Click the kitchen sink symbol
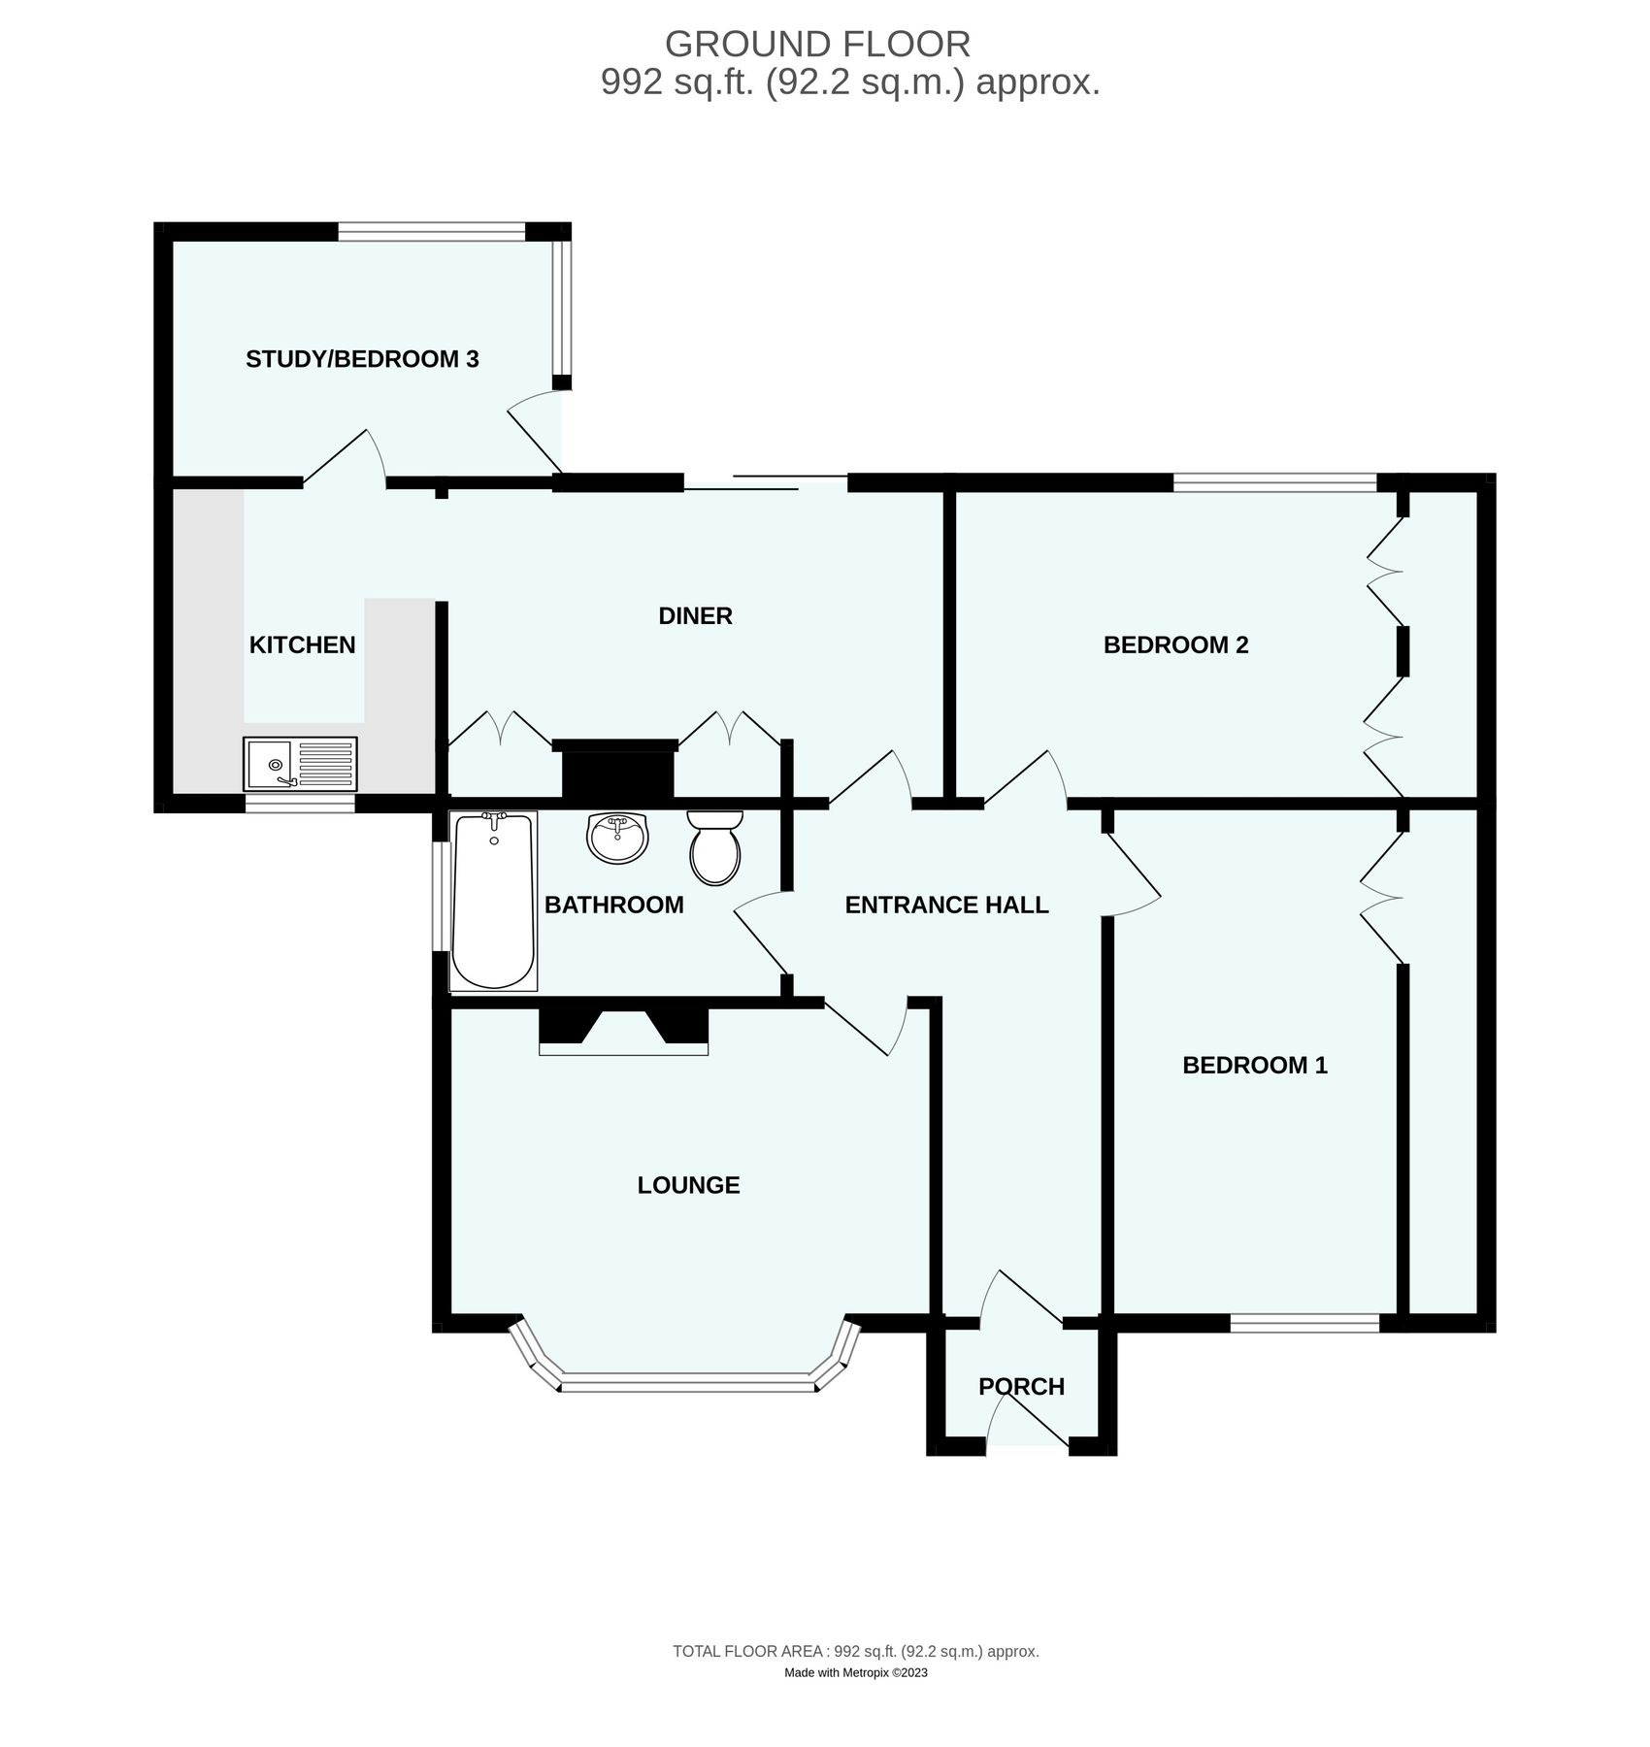(x=300, y=763)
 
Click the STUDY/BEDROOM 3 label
(x=362, y=359)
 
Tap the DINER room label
(x=695, y=615)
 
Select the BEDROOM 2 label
(x=1175, y=644)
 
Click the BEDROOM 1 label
(x=1254, y=1065)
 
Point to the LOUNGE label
(x=688, y=1185)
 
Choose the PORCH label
(x=1021, y=1386)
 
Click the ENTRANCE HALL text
(x=946, y=905)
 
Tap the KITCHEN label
(x=302, y=644)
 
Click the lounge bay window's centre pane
(x=687, y=1382)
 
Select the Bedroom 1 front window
(x=1304, y=1321)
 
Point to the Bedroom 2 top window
(x=1274, y=480)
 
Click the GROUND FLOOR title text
(x=817, y=44)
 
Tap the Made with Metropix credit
(x=855, y=1672)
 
